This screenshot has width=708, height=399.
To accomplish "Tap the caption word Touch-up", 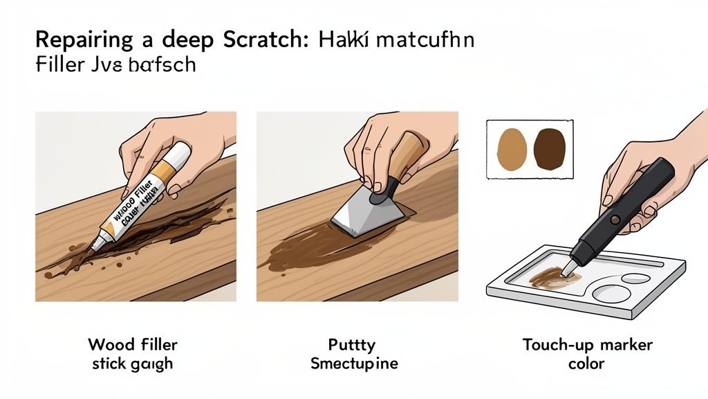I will pyautogui.click(x=555, y=345).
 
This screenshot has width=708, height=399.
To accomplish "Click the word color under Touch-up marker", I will pyautogui.click(x=586, y=363).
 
